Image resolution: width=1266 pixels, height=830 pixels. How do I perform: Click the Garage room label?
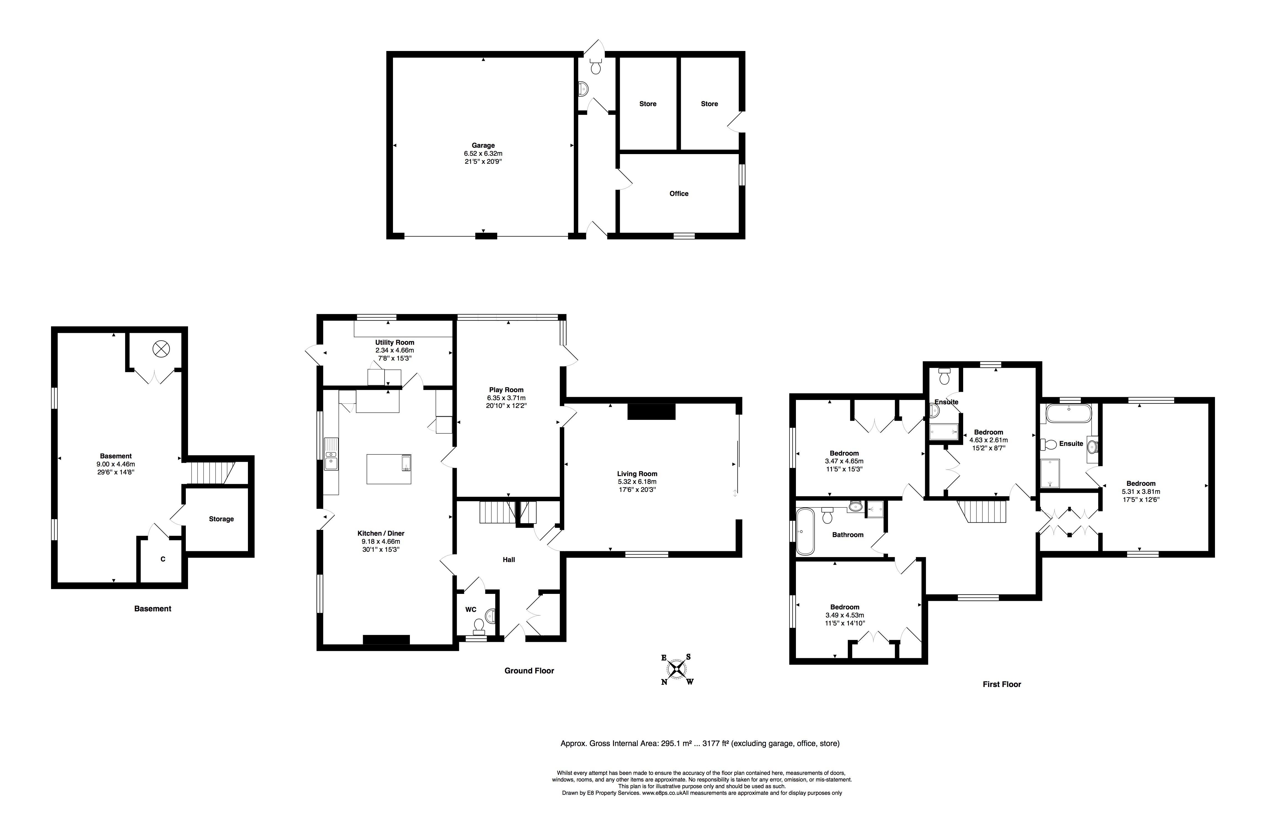coord(483,145)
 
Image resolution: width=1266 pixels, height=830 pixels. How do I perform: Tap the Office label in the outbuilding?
coord(679,193)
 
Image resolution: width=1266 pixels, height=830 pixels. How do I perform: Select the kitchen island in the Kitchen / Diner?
coord(389,469)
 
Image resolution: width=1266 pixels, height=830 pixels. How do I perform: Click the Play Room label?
coord(506,390)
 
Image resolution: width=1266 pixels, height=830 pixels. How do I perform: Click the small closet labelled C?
coord(163,559)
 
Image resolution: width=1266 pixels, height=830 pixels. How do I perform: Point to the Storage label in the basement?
coord(221,519)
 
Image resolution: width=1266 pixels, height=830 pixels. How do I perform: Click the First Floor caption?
coord(1002,684)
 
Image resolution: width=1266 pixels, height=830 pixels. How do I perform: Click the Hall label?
coord(509,559)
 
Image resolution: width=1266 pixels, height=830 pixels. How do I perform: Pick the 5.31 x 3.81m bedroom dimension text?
coord(1141,492)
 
